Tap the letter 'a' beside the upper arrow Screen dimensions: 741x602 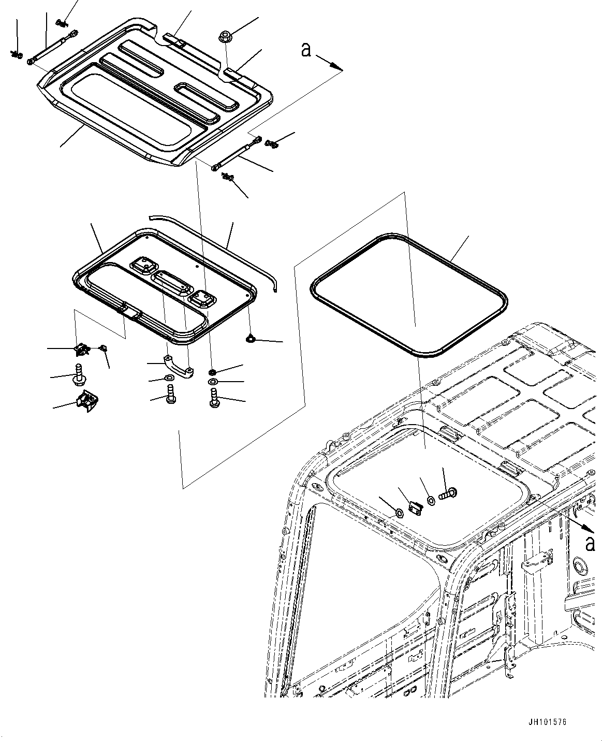(306, 50)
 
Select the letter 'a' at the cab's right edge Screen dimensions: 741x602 (589, 544)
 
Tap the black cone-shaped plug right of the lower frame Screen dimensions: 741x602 (251, 339)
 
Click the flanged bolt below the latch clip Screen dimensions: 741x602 (79, 375)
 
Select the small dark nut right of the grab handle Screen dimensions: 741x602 (213, 372)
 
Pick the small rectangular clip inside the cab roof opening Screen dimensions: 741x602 (415, 508)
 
